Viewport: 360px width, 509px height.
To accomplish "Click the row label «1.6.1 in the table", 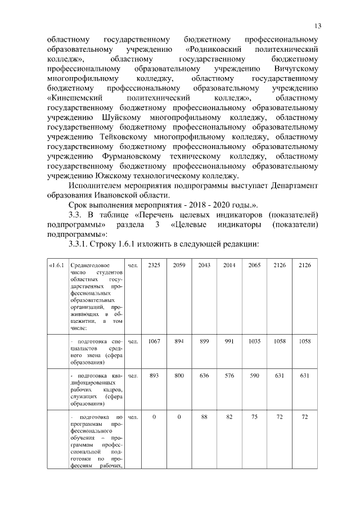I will click(x=57, y=265).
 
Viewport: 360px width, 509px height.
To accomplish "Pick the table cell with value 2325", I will click(x=154, y=265).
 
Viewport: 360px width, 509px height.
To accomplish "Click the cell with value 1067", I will click(x=154, y=341).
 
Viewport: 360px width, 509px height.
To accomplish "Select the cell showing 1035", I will click(x=254, y=341).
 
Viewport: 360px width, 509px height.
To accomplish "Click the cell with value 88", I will click(x=204, y=417).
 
